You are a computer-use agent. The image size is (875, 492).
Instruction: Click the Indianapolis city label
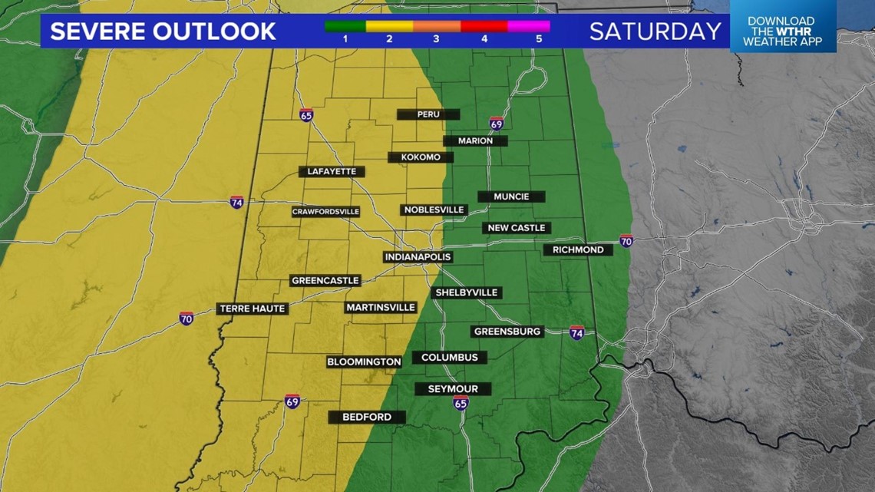[418, 257]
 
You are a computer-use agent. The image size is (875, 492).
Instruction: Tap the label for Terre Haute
[253, 309]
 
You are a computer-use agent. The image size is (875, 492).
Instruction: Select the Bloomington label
[364, 362]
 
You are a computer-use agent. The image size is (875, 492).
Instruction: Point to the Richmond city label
[578, 250]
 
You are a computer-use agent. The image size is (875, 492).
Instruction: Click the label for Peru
[428, 114]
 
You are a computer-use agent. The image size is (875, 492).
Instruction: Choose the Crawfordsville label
[325, 212]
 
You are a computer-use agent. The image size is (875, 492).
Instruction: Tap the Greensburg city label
[508, 332]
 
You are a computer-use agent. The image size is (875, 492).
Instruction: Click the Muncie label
[511, 196]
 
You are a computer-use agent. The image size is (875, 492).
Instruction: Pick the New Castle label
[517, 228]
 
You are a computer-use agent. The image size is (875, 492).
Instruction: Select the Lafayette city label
[332, 172]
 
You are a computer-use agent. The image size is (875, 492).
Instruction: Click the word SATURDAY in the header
[655, 31]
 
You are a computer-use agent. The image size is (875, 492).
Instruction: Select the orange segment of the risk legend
[437, 26]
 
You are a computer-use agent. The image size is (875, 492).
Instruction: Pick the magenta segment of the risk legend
[529, 26]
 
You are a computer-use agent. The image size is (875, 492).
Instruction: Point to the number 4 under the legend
[485, 39]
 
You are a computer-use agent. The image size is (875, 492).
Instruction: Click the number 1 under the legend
[345, 39]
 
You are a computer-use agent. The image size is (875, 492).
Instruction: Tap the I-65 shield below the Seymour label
[461, 404]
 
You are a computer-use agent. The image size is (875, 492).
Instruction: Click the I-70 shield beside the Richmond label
[626, 240]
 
